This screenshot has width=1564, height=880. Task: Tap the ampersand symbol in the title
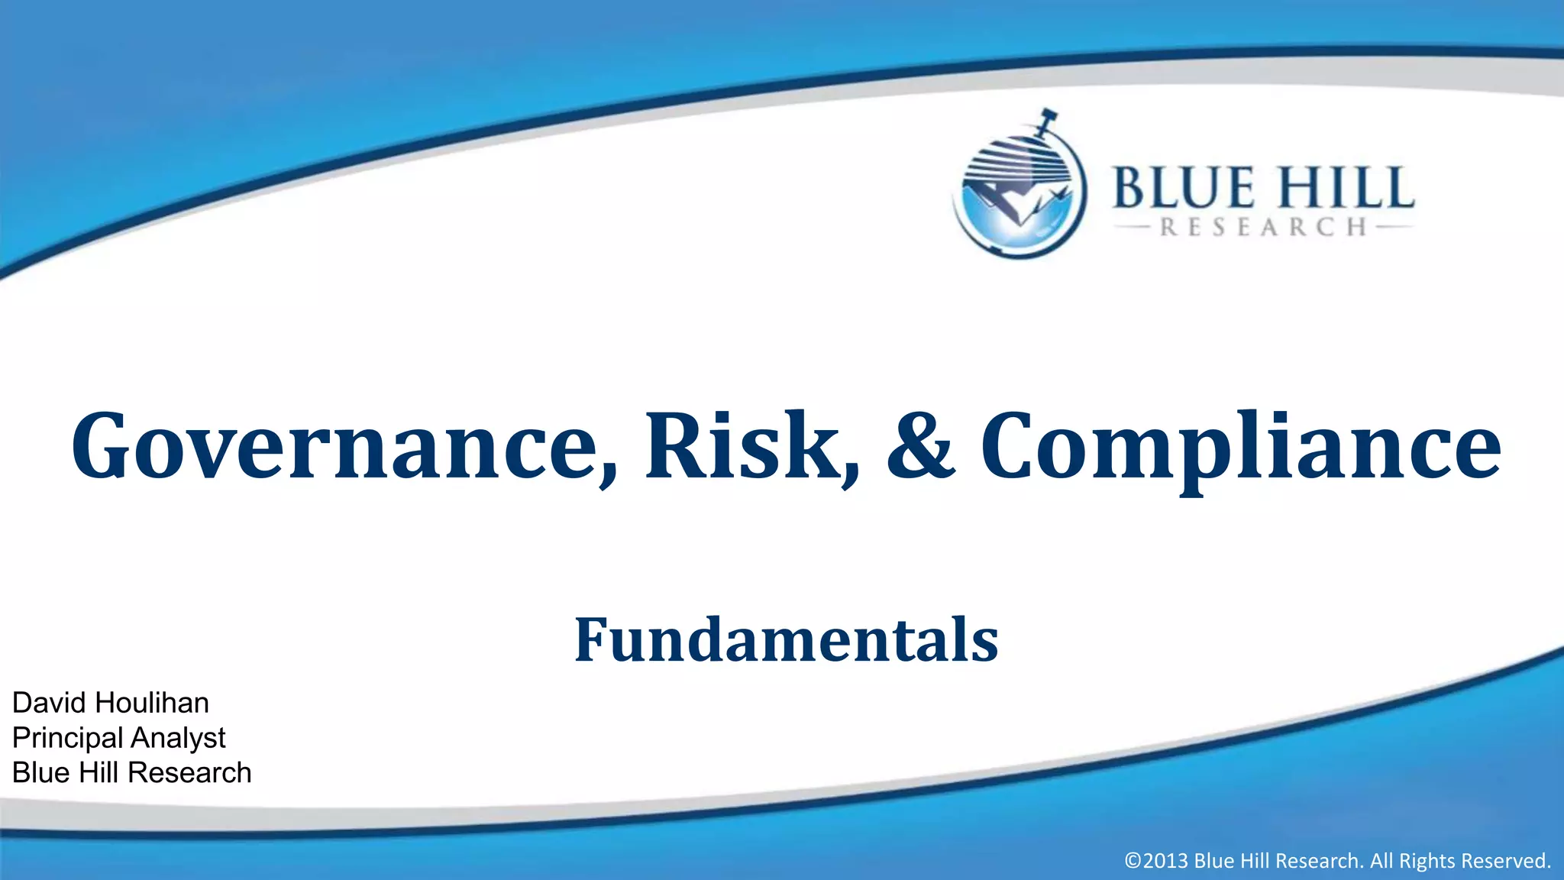point(921,447)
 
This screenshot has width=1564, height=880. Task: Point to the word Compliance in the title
point(1240,447)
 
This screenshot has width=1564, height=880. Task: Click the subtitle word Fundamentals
point(786,639)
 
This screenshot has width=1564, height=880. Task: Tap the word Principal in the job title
point(67,738)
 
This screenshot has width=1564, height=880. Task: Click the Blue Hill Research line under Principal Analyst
point(131,773)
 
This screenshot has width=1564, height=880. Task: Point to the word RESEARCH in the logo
point(1263,228)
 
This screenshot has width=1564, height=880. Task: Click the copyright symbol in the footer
point(1133,861)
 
